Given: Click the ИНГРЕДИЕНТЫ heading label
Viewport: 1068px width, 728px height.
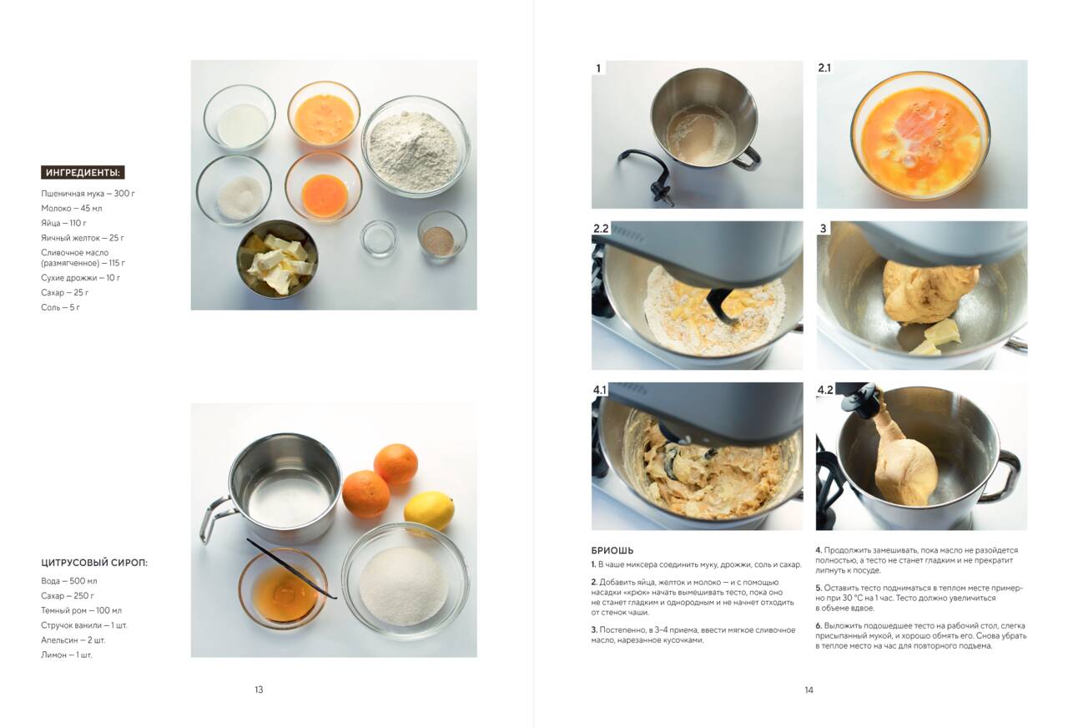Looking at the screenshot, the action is (x=83, y=172).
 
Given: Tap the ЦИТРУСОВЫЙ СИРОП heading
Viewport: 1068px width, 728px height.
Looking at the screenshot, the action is (x=94, y=563).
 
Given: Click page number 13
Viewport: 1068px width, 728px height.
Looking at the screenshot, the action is (x=259, y=690).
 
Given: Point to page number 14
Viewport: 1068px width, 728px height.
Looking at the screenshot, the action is (x=809, y=690).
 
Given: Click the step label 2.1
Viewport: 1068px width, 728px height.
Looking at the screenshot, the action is (x=824, y=68).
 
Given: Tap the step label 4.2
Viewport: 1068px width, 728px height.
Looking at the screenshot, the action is (x=825, y=390).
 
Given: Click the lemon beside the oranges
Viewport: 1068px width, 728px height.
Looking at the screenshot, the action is (x=429, y=510).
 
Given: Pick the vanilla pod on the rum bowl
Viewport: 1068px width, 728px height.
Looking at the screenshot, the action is (x=292, y=569).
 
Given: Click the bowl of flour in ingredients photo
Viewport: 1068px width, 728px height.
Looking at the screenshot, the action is (x=416, y=146).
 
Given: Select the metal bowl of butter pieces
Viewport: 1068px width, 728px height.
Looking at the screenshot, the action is (x=277, y=260).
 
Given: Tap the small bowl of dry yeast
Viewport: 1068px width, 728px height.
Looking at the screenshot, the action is (x=442, y=236).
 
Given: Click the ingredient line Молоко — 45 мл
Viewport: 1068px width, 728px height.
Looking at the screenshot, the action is (x=72, y=208).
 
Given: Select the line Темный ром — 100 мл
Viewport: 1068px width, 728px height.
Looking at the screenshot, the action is (x=82, y=610).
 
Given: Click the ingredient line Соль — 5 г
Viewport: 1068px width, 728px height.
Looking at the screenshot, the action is (x=61, y=307).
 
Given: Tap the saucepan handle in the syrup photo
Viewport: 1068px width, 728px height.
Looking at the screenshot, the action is (x=214, y=518).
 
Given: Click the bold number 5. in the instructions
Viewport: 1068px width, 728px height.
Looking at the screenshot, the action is (x=819, y=588).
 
